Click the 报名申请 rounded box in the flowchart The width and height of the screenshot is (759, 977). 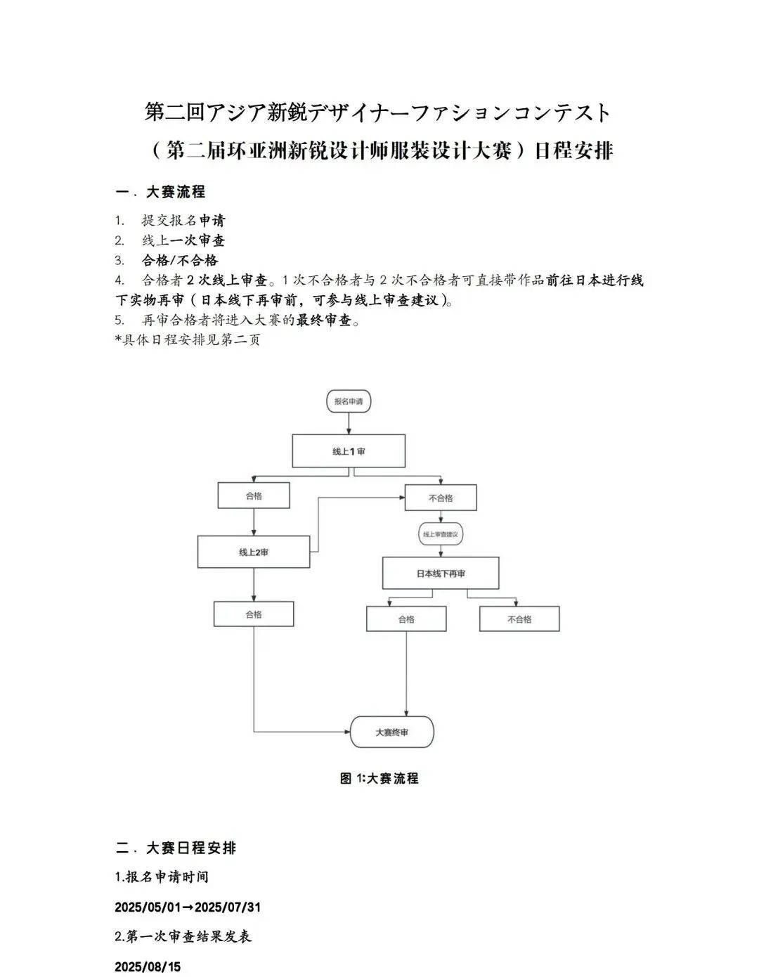tap(349, 401)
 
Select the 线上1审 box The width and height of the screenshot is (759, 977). tap(349, 451)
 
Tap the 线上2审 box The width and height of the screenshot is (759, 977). tap(254, 552)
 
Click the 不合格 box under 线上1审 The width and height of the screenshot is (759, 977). tap(441, 498)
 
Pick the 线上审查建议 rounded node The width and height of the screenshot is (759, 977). tap(441, 534)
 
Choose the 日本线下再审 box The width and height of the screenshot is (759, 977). tap(441, 574)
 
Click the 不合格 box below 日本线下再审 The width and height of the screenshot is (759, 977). tap(519, 619)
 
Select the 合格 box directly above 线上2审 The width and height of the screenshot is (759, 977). tap(254, 496)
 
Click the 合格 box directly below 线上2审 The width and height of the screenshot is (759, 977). tap(254, 614)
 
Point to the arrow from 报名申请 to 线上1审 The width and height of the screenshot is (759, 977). tap(349, 424)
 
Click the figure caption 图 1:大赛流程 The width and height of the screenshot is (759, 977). tap(379, 779)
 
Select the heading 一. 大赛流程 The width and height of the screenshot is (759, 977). tap(160, 192)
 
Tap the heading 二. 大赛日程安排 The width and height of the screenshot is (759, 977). tap(176, 848)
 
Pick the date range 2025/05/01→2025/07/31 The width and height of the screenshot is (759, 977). tap(188, 907)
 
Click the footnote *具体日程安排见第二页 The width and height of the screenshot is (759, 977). tap(188, 339)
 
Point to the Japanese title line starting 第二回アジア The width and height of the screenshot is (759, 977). tap(378, 112)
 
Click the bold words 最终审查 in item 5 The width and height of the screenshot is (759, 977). tap(323, 320)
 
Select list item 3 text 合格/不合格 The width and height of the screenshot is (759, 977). tap(180, 260)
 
